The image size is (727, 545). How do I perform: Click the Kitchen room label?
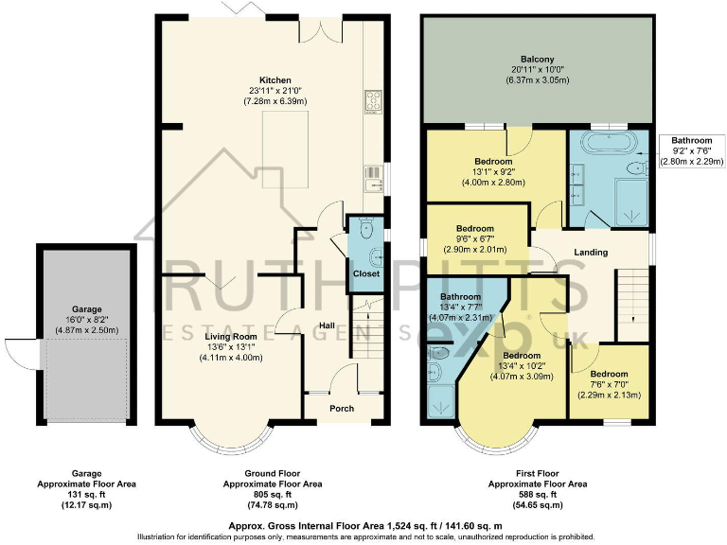click(x=275, y=80)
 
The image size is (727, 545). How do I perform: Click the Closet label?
click(x=365, y=273)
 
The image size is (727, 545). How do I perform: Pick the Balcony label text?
click(x=537, y=58)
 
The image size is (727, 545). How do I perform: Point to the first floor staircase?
click(x=630, y=303)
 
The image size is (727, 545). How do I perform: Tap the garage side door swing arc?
click(x=18, y=348)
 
